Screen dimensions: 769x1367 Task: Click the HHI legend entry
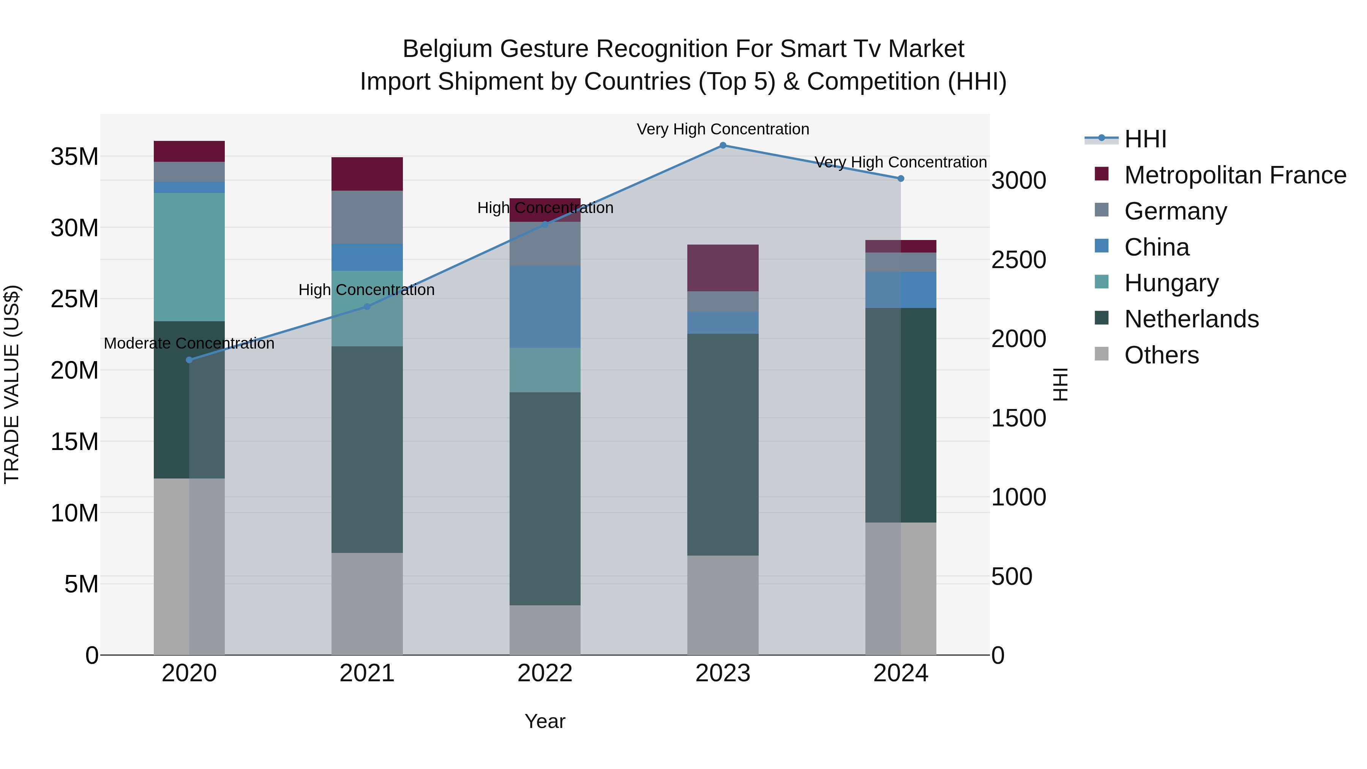point(1145,139)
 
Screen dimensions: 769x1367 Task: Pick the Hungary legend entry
point(1171,283)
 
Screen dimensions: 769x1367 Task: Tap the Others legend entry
point(1161,355)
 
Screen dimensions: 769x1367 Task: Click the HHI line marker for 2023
point(723,145)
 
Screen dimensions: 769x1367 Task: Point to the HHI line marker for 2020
point(189,360)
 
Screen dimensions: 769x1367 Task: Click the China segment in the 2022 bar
point(545,307)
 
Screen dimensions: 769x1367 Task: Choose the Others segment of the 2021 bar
point(367,603)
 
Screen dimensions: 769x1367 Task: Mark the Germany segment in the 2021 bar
point(367,217)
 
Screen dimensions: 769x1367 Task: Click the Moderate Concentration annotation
point(189,343)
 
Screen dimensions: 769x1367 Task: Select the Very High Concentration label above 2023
point(723,129)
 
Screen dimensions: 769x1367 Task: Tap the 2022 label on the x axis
point(545,673)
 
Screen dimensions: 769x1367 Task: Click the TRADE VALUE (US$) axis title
point(12,384)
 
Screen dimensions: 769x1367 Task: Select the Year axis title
point(545,721)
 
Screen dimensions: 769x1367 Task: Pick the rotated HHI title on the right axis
point(1060,384)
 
